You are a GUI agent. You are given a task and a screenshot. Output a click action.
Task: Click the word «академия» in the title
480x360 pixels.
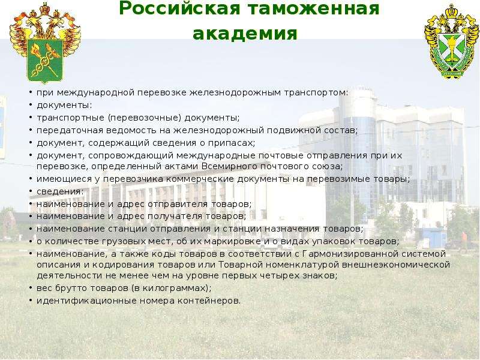click(x=245, y=34)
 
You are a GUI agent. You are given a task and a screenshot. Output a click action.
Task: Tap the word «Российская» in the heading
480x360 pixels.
click(x=179, y=8)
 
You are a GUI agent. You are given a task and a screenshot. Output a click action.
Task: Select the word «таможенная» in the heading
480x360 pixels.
click(x=313, y=8)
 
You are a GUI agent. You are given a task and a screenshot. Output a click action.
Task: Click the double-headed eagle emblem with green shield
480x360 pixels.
click(x=46, y=43)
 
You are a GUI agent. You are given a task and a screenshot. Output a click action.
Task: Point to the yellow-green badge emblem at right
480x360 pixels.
click(x=451, y=42)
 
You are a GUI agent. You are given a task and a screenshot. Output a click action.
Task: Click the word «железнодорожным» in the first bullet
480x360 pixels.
click(x=235, y=93)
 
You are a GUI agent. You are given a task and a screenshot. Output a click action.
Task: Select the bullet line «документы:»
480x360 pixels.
click(x=64, y=106)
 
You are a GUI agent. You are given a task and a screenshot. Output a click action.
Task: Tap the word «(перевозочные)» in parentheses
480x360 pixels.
click(x=145, y=118)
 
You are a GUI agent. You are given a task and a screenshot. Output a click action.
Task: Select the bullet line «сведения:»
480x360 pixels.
click(x=60, y=191)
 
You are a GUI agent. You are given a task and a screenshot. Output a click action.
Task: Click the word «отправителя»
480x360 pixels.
click(x=178, y=204)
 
